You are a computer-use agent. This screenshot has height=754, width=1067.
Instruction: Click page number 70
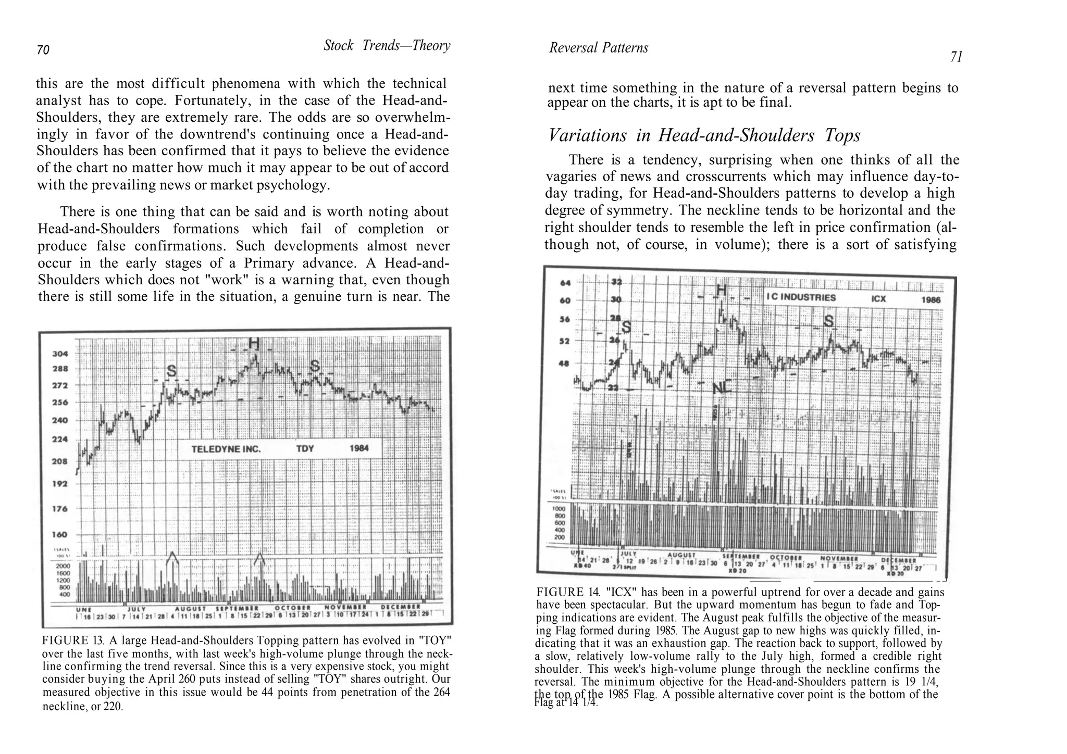coord(43,50)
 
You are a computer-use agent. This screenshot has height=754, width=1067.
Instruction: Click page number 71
coord(956,57)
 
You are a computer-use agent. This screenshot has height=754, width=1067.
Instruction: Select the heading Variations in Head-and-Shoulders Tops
coord(704,135)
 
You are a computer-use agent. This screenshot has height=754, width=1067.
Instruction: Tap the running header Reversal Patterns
coord(599,48)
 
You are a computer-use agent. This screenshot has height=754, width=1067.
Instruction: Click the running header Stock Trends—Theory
coord(387,45)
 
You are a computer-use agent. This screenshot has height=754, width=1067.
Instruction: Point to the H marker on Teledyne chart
coord(254,344)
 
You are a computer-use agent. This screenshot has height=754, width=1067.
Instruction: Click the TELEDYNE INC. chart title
coord(226,449)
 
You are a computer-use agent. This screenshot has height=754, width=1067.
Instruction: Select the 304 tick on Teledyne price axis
coord(60,354)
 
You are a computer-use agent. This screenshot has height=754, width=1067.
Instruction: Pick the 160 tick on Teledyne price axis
coord(60,534)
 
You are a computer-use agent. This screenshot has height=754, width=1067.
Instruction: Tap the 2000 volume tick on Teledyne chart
coord(63,565)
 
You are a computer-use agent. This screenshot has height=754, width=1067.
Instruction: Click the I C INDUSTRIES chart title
coord(801,297)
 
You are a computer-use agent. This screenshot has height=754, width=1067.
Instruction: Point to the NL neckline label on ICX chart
coord(722,387)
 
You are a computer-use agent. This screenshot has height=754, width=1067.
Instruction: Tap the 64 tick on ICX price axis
coord(565,283)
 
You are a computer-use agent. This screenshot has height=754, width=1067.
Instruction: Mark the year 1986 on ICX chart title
coord(930,300)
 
